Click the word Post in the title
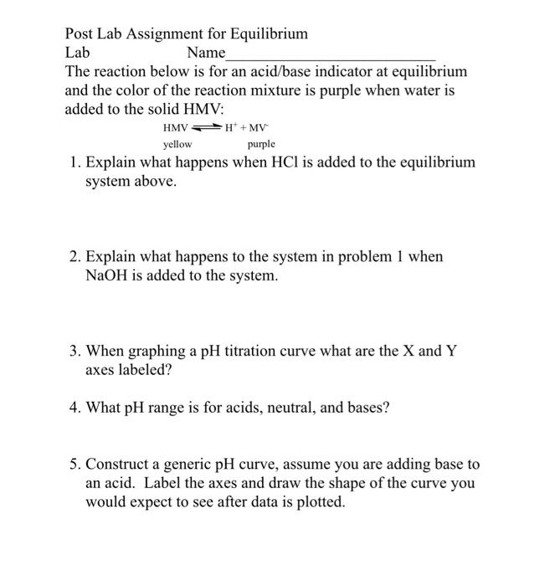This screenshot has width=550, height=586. tap(81, 34)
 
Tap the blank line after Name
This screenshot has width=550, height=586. tap(331, 56)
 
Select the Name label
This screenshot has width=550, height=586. tap(205, 53)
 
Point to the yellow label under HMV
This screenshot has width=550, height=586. tap(177, 145)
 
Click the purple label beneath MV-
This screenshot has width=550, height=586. tap(261, 145)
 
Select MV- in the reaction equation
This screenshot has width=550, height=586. tap(260, 128)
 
